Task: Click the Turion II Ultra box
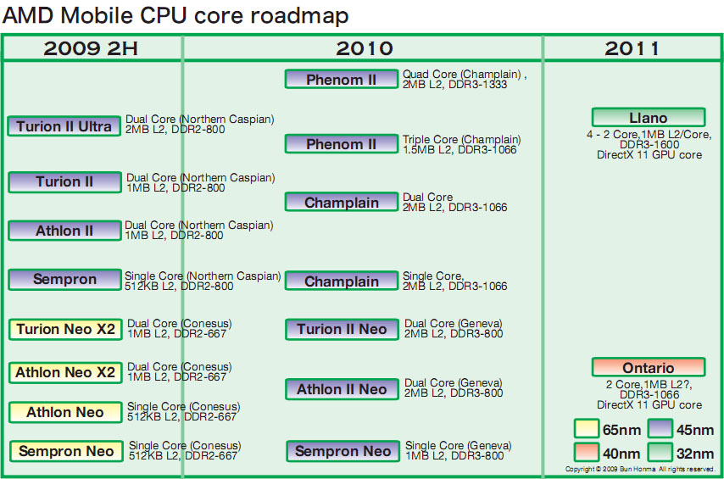click(64, 126)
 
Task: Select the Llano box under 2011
click(649, 118)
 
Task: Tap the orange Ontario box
click(649, 367)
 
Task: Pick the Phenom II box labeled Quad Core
click(342, 80)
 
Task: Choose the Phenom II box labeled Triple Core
click(342, 144)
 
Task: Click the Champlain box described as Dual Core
click(342, 203)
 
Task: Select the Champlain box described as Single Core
click(342, 281)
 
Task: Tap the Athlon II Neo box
click(342, 389)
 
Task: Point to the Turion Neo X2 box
click(65, 329)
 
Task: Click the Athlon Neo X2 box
click(65, 372)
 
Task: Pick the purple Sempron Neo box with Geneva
click(343, 451)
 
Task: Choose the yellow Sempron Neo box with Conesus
click(66, 451)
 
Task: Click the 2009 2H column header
click(92, 48)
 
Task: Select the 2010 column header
click(364, 48)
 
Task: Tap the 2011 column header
click(632, 48)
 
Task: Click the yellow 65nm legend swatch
click(586, 430)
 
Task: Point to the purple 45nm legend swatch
click(660, 430)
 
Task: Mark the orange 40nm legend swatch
click(586, 452)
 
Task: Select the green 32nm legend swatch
click(660, 452)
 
